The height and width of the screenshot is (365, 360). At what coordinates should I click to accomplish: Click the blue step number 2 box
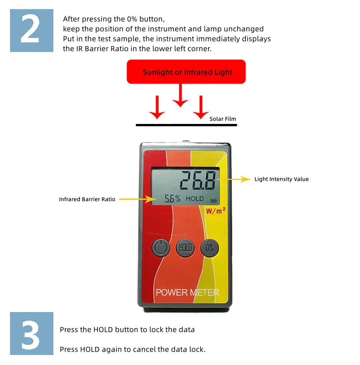pos(32,31)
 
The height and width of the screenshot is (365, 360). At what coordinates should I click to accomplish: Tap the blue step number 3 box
pos(32,333)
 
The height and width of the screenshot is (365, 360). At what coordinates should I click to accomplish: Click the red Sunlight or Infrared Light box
pos(186,72)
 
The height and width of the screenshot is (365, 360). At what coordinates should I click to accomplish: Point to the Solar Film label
pos(223,119)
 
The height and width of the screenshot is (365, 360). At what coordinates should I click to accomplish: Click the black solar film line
pos(186,125)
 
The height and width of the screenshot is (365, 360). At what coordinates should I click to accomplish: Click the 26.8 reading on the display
pos(198,180)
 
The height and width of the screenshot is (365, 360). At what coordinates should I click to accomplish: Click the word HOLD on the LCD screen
pos(195,199)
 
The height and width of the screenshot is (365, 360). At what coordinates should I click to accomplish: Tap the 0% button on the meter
pos(210,248)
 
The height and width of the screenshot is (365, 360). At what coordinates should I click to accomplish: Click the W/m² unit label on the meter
pos(216,211)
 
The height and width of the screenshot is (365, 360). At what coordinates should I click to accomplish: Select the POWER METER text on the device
pos(187,292)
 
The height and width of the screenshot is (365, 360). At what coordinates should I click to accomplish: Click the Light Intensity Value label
pos(282,179)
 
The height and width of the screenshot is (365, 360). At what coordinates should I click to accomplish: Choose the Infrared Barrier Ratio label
pos(87,199)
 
